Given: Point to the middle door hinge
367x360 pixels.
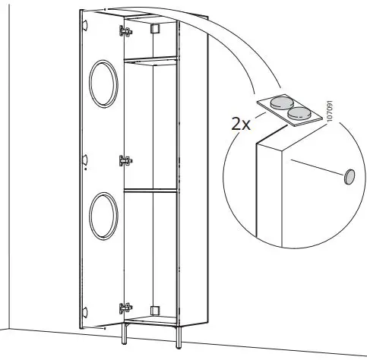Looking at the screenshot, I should (126, 160).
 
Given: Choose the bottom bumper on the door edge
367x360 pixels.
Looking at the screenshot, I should (85, 310).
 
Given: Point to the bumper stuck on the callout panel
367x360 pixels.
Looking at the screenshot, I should (350, 175).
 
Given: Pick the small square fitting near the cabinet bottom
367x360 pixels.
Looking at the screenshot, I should (155, 311).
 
